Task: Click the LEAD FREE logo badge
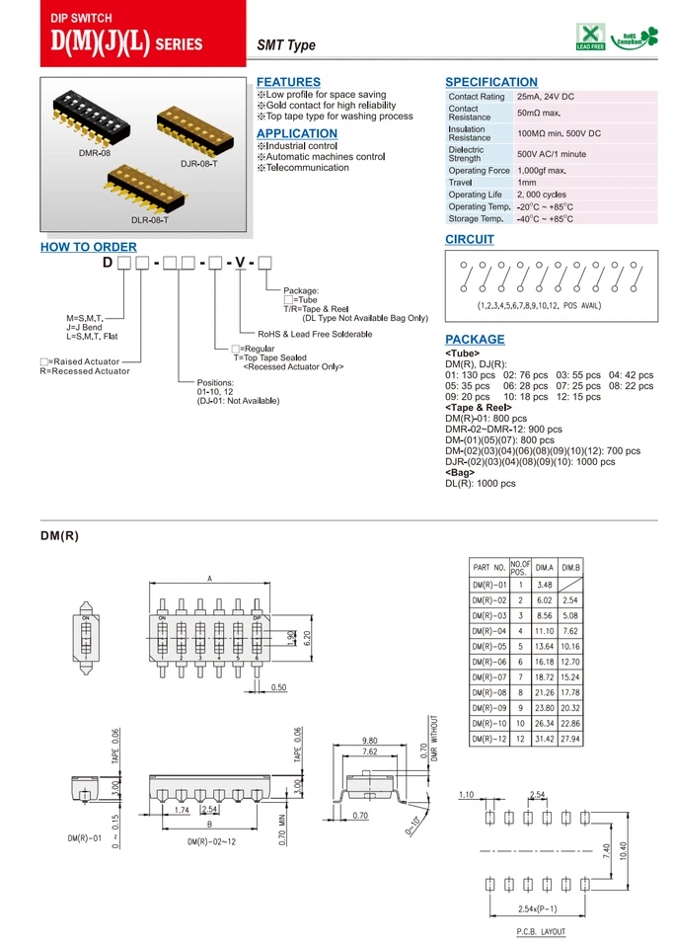click(x=590, y=39)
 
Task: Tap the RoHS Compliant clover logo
click(x=635, y=38)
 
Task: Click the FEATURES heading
click(x=288, y=82)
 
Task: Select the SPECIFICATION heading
click(x=491, y=82)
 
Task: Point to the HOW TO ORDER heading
click(x=88, y=247)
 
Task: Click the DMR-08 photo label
click(x=96, y=153)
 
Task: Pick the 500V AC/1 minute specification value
click(x=552, y=154)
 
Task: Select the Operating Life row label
click(x=476, y=195)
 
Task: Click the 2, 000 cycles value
click(x=542, y=195)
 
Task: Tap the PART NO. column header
click(x=488, y=568)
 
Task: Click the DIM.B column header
click(x=569, y=568)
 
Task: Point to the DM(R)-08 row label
click(x=488, y=692)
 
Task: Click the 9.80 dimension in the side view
click(x=370, y=741)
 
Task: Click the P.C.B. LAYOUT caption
click(x=541, y=932)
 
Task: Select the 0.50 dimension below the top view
click(x=279, y=687)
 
